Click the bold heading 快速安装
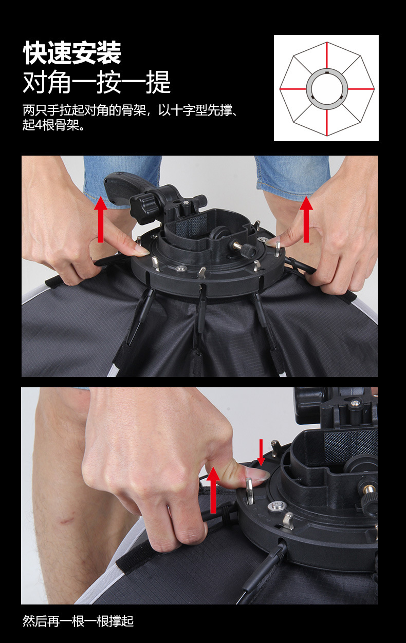point(72,53)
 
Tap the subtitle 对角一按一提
point(97,82)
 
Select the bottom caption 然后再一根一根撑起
point(78,621)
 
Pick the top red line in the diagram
point(326,55)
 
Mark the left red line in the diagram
point(293,89)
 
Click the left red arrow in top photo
point(101,219)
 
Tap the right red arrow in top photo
point(306,219)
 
